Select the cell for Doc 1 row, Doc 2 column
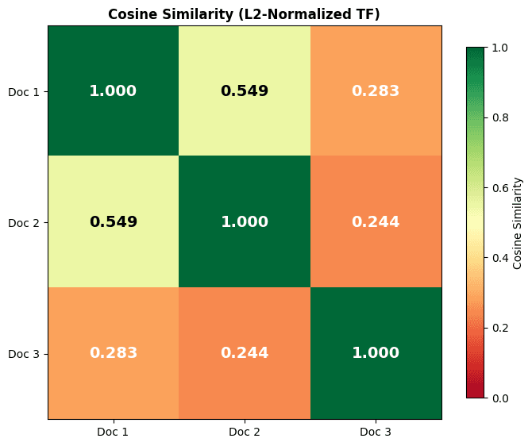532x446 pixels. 245,91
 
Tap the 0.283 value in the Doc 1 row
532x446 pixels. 376,91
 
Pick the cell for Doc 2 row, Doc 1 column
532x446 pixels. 114,222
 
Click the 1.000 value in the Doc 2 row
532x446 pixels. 245,222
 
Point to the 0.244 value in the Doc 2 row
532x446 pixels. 376,222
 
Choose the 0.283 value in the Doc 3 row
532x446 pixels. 114,353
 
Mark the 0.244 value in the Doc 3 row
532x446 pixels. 245,353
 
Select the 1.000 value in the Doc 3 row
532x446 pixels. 376,353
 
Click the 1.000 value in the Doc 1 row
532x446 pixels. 114,91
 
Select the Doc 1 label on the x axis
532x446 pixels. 114,432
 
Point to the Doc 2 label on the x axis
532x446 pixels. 245,432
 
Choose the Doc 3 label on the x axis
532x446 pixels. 376,432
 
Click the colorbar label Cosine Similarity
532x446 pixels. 518,222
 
